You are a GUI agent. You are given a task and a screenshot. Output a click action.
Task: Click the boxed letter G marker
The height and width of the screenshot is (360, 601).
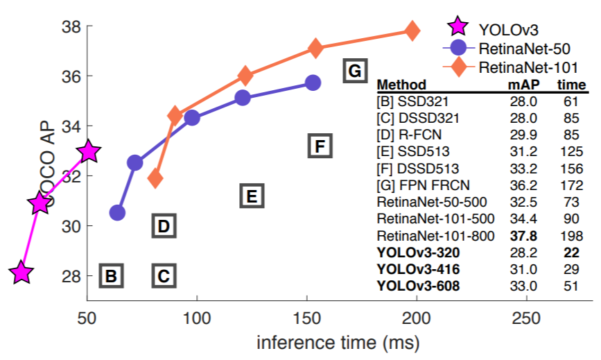[354, 71]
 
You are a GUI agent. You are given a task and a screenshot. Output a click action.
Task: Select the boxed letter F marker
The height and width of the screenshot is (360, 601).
[320, 146]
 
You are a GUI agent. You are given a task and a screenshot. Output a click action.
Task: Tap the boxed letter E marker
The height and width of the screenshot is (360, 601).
[252, 196]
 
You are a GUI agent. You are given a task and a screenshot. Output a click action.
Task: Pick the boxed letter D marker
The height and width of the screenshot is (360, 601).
[164, 226]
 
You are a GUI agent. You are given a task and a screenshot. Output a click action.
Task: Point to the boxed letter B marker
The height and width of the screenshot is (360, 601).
[111, 276]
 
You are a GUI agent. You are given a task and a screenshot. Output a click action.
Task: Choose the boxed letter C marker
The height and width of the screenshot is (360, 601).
[164, 276]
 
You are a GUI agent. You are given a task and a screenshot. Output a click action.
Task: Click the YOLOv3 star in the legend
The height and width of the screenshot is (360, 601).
[457, 28]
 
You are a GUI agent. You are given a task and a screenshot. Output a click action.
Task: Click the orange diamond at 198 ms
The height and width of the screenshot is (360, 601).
[412, 31]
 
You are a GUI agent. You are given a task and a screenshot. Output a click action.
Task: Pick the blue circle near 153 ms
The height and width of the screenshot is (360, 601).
[313, 83]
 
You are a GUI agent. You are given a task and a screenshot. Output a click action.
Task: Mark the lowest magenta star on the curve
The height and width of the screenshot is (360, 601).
[22, 273]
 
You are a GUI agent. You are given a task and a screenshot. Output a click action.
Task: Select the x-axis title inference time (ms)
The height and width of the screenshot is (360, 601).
[338, 343]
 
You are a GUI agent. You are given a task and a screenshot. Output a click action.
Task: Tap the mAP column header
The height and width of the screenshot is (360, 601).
[521, 85]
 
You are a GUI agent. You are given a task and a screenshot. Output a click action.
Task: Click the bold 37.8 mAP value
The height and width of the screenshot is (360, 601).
[521, 236]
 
